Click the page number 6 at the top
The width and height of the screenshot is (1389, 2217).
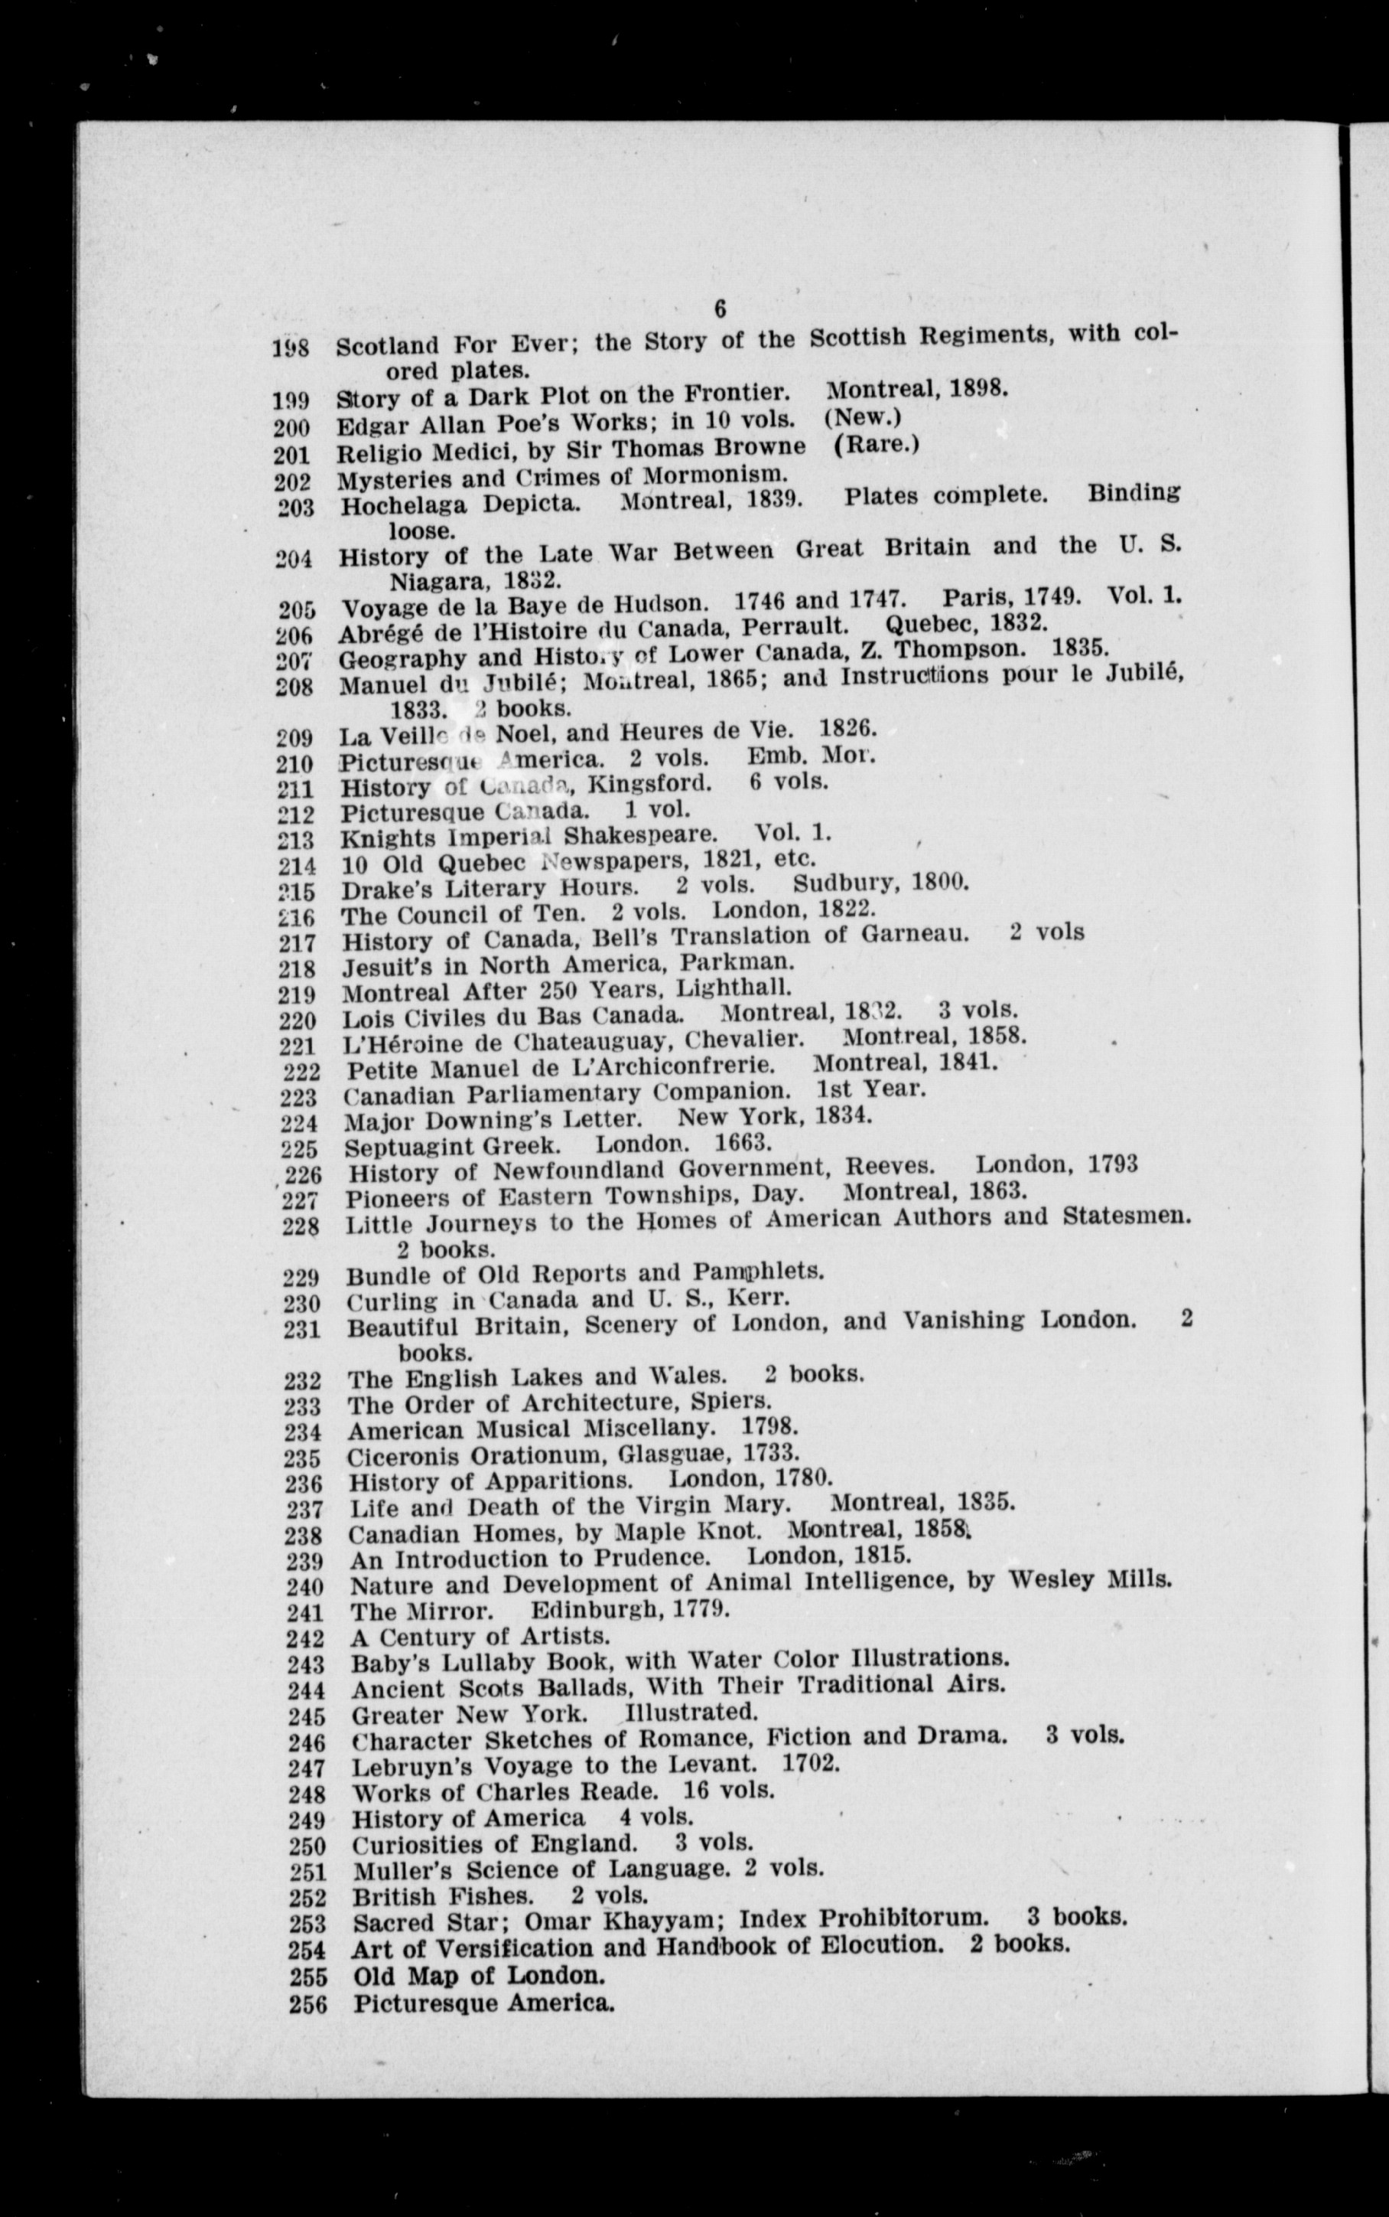coord(719,310)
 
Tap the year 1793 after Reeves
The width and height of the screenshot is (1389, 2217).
coord(1111,1164)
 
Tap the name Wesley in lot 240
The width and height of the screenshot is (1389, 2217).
coord(1051,1580)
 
